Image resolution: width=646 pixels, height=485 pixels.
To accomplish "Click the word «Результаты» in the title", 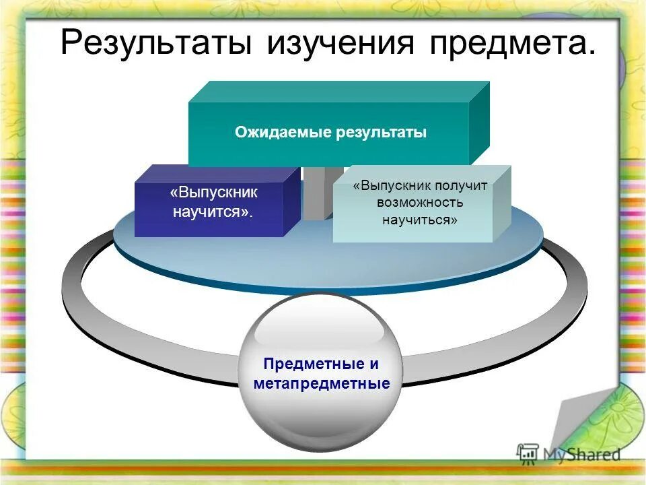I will pos(157,44).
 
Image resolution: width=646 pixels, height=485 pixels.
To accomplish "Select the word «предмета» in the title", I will pos(509,44).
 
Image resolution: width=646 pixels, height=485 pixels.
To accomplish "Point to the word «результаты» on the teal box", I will pos(382,133).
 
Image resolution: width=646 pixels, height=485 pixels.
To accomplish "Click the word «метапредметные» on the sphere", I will pos(321,384).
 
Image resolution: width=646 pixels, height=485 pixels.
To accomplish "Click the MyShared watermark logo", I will pos(569,453).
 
